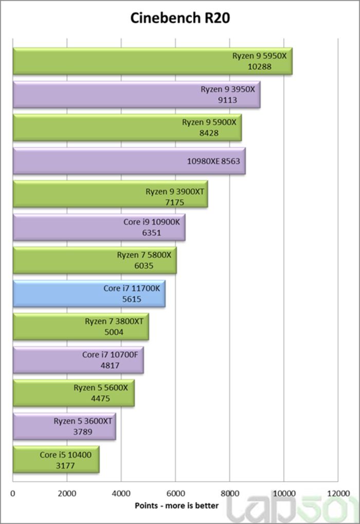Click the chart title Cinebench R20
tap(179, 18)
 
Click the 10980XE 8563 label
tap(213, 161)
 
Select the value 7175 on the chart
tap(174, 202)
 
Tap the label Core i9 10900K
tap(151, 222)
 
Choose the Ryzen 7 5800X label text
tap(143, 255)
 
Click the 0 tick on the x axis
tap(13, 493)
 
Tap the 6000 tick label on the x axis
tap(175, 493)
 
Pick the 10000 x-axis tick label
tap(284, 493)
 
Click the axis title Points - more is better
tap(176, 505)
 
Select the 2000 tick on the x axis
tap(67, 493)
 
